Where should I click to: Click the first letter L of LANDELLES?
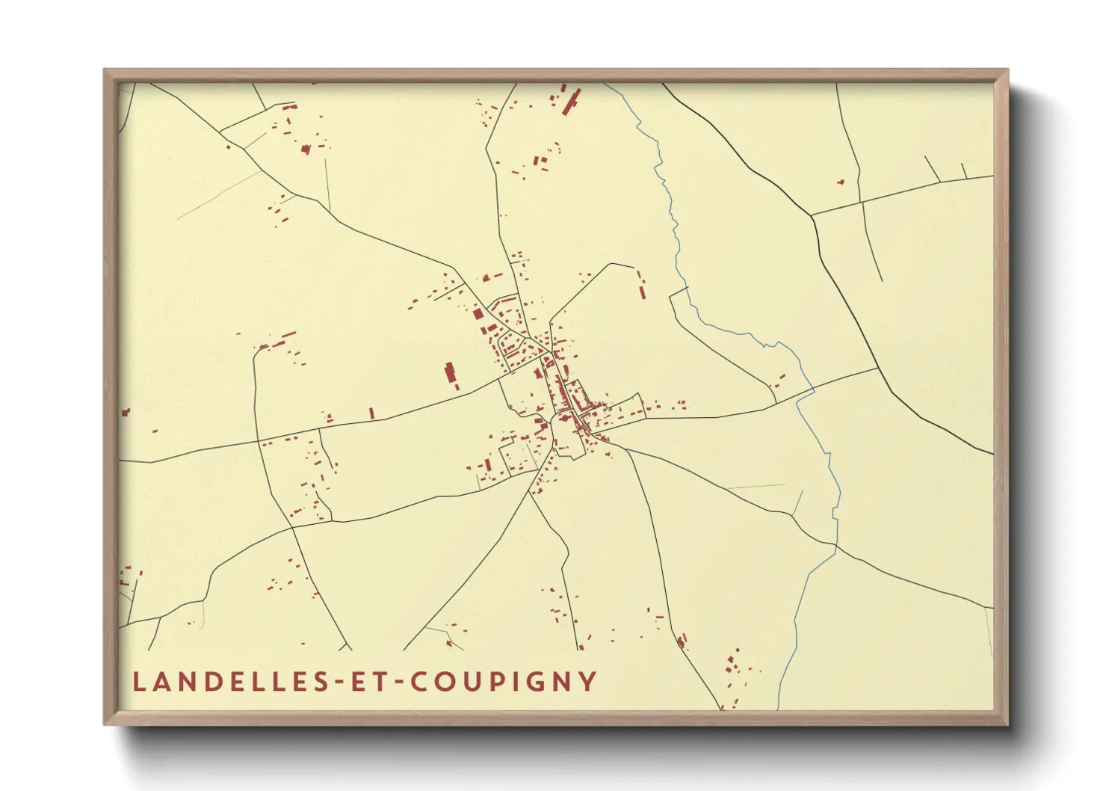(x=138, y=682)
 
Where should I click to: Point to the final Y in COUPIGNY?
(x=588, y=682)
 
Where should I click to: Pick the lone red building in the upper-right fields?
(x=841, y=181)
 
